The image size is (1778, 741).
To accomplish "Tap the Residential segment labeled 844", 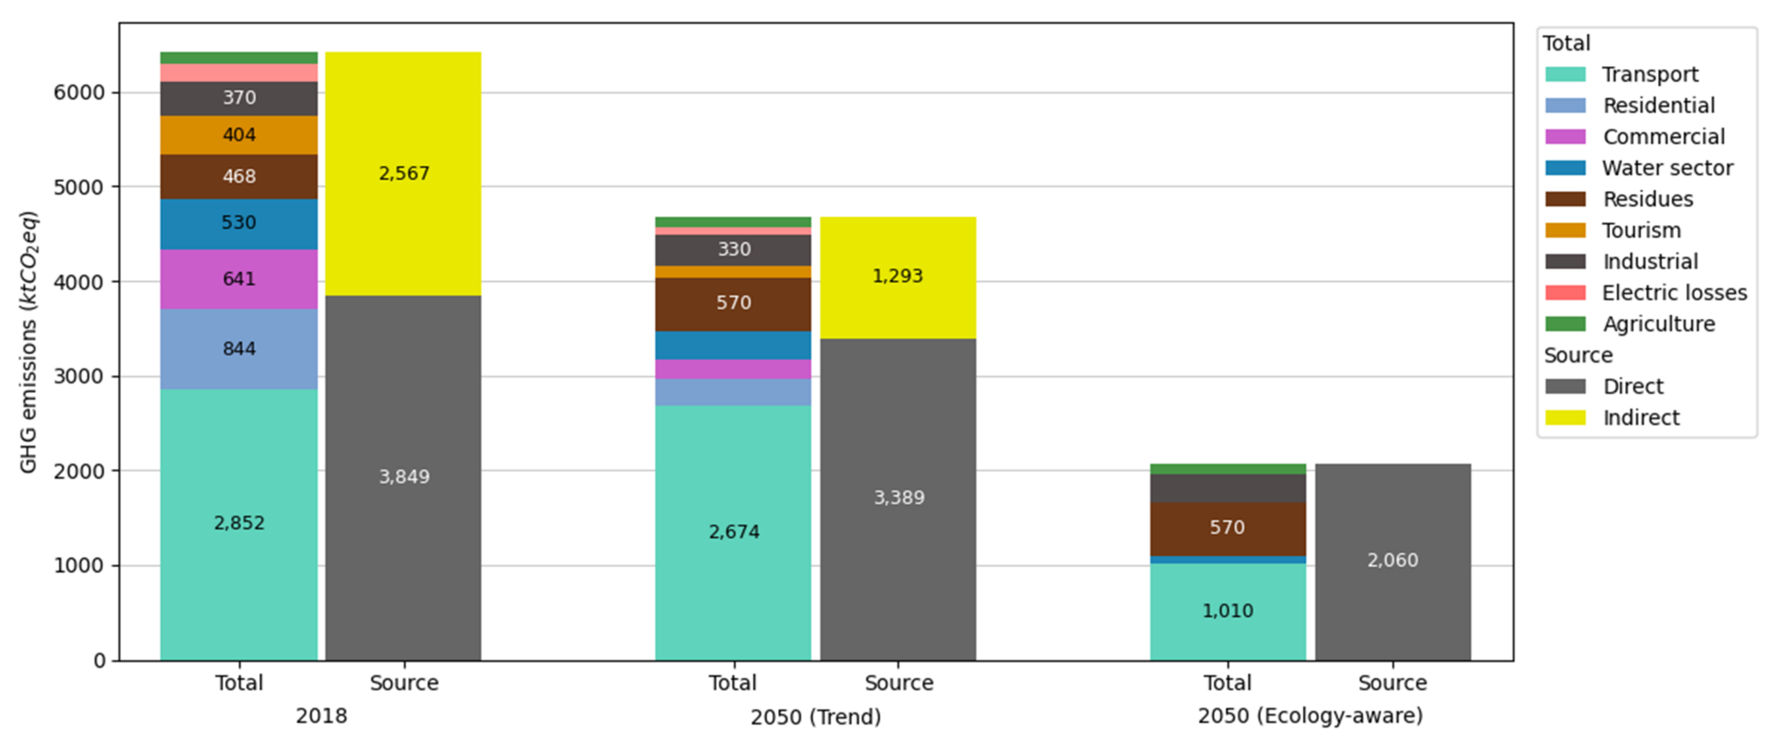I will coord(239,349).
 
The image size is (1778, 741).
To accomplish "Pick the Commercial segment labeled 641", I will coord(239,279).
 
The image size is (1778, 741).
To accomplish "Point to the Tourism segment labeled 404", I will coord(239,135).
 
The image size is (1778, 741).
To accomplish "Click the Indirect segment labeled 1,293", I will coord(898,277).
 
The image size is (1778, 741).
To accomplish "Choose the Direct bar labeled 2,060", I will coord(1392,560).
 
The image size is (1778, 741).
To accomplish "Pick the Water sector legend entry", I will coord(1666,168).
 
